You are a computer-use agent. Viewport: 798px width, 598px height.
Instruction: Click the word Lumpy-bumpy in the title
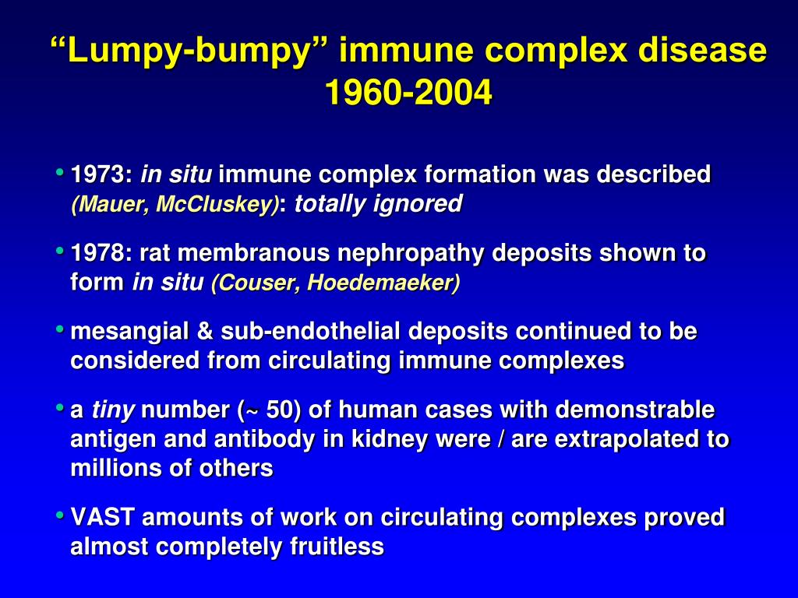point(190,51)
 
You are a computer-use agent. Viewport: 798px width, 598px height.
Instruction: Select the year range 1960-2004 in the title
point(408,93)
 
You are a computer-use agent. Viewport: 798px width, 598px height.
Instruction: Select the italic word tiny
point(114,410)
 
